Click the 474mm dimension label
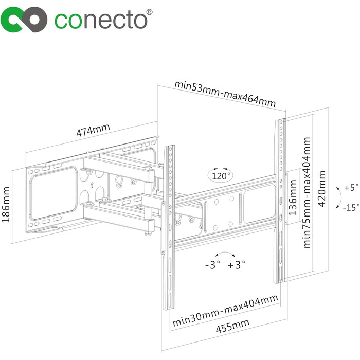pos(93,130)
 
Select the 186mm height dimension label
pos(6,204)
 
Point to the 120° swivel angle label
pos(221,176)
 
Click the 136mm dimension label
pos(293,197)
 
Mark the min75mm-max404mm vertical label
pos(307,192)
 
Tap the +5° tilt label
pos(351,188)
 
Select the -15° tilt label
pos(351,208)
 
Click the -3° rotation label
pos(212,265)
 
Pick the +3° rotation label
pos(237,265)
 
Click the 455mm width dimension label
pos(232,326)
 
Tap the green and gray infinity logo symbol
pos(24,20)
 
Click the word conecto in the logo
pos(101,21)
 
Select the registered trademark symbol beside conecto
pos(149,12)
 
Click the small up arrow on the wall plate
pos(92,185)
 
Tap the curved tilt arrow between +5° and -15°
pos(339,197)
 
